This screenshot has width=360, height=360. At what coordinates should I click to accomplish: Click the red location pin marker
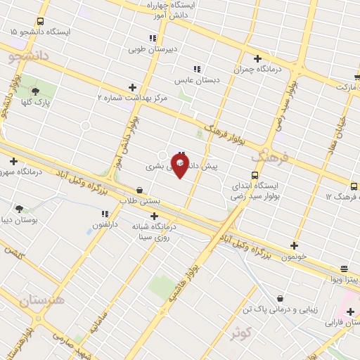179,165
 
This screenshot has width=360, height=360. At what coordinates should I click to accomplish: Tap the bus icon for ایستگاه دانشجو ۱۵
39,22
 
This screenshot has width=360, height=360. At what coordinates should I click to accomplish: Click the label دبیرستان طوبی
151,50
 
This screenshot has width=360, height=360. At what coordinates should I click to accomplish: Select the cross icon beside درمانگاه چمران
257,59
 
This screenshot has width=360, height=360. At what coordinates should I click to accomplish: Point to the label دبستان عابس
198,80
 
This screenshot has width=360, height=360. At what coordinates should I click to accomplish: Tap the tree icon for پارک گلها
36,91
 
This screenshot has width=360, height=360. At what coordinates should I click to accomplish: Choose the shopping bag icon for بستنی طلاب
139,190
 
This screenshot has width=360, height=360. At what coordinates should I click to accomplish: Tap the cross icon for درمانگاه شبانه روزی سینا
155,217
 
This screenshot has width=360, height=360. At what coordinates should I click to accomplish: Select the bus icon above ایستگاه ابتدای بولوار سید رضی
255,175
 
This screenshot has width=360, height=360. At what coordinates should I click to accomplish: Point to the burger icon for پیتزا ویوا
344,269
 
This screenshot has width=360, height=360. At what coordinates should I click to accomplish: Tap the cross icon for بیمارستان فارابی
350,311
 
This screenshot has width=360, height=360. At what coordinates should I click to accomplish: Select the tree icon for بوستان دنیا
19,209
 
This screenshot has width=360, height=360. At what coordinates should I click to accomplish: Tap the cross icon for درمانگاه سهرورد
13,161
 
